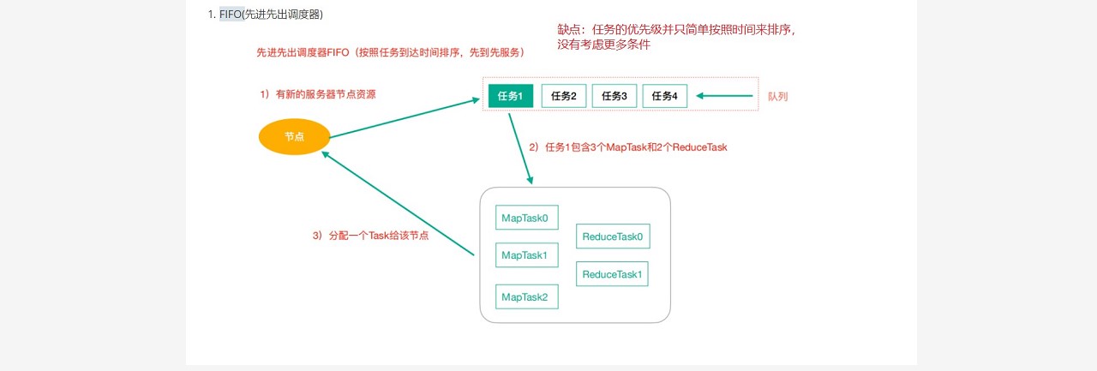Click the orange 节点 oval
coord(294,137)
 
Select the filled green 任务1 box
coord(510,96)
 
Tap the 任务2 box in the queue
coord(564,96)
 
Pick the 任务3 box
coord(614,96)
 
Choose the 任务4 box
coord(664,96)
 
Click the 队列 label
coord(777,97)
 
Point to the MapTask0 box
coord(526,218)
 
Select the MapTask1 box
coord(526,255)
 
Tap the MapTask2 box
coord(526,296)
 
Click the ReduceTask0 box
coord(612,236)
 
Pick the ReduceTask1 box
coord(612,274)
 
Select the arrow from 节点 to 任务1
coord(403,118)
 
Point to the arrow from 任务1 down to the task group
coord(520,147)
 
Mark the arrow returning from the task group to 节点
coord(398,203)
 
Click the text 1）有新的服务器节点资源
coord(317,94)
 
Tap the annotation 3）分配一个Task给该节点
coord(370,235)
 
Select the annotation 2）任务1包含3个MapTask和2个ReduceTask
coord(627,147)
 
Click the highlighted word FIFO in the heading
coord(231,15)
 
